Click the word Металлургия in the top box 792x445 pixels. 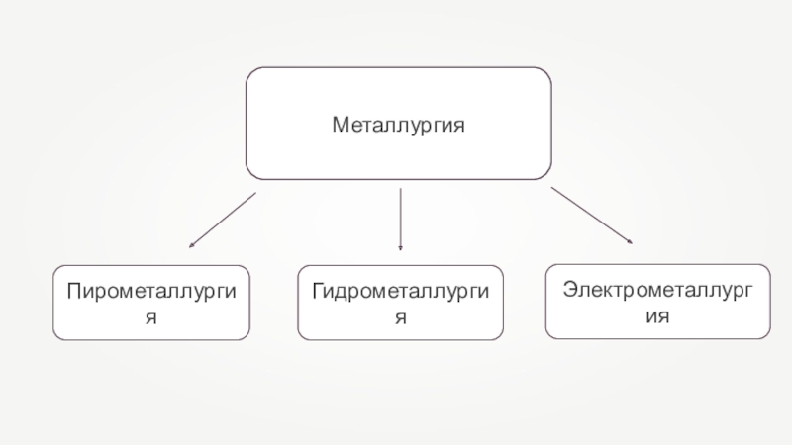pos(398,126)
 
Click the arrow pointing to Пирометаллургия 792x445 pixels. pos(222,220)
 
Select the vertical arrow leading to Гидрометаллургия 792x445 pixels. pos(400,218)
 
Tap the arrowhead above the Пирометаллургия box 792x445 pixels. pos(191,244)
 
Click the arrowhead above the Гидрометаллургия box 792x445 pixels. pos(400,246)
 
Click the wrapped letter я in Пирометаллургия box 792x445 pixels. pos(152,318)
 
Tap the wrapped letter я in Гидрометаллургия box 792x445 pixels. pos(401,318)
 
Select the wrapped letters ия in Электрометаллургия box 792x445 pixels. pos(657,317)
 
